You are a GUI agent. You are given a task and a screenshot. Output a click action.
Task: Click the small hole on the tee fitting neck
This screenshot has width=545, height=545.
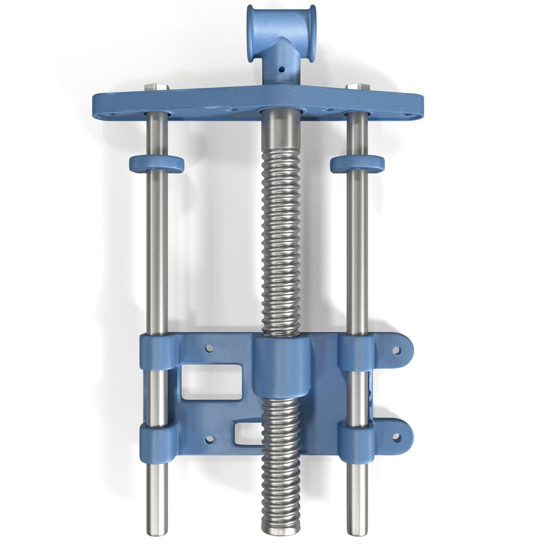pyautogui.click(x=282, y=69)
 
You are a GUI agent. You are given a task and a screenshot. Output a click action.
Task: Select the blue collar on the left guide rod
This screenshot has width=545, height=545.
pyautogui.click(x=156, y=164)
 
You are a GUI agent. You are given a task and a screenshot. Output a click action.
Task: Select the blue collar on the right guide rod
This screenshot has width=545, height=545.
pyautogui.click(x=357, y=164)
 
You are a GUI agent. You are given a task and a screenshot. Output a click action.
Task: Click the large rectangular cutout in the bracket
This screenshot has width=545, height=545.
pyautogui.click(x=211, y=382)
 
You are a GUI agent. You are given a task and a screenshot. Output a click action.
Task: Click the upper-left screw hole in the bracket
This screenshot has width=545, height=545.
pyautogui.click(x=209, y=348)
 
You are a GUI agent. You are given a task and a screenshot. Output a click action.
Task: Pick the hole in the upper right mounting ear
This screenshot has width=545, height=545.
pyautogui.click(x=397, y=350)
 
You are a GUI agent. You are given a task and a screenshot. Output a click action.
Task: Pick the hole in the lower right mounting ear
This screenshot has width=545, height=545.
pyautogui.click(x=397, y=438)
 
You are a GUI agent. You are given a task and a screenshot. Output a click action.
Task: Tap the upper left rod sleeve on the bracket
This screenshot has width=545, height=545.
pyautogui.click(x=158, y=352)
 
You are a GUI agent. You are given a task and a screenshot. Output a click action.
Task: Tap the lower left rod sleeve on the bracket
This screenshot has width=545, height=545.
pyautogui.click(x=158, y=443)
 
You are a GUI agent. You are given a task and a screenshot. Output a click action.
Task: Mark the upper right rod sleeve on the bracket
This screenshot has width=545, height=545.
pyautogui.click(x=356, y=352)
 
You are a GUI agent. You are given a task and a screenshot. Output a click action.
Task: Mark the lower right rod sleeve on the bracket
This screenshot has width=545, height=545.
pyautogui.click(x=356, y=442)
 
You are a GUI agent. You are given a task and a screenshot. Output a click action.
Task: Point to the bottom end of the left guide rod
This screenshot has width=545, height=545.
pyautogui.click(x=157, y=531)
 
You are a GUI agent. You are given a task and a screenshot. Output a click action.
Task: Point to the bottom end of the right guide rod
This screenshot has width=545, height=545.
pyautogui.click(x=357, y=531)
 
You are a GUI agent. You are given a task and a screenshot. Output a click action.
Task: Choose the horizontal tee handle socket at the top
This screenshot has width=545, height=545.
pyautogui.click(x=282, y=33)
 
